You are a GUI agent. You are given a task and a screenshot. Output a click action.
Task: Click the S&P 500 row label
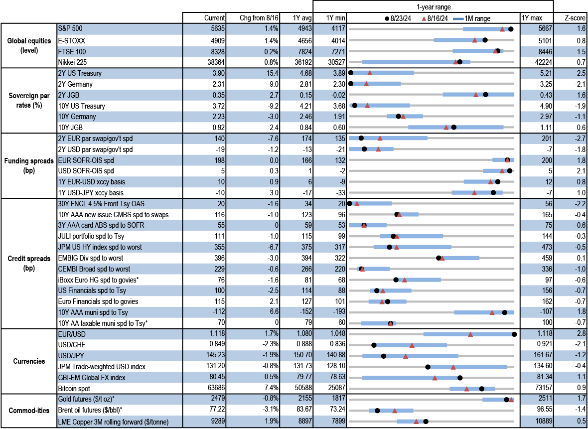[70, 29]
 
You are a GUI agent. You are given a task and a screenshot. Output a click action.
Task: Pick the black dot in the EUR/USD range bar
[514, 334]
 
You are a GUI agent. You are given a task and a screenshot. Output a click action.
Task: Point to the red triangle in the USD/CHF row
[412, 345]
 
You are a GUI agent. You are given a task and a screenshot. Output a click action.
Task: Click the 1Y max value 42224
[535, 62]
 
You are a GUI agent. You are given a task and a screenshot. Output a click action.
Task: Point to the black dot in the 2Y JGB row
[485, 94]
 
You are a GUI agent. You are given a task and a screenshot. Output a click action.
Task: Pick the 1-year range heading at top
[433, 6]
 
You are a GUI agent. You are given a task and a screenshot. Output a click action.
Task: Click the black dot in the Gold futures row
[506, 399]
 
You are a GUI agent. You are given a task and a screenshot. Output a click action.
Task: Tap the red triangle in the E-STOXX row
[475, 40]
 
